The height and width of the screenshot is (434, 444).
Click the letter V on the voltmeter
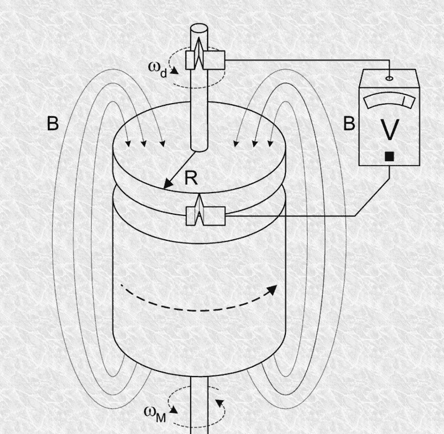coord(390,130)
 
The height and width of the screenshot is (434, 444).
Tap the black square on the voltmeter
coord(390,156)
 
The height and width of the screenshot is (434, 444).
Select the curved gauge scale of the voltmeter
coord(390,101)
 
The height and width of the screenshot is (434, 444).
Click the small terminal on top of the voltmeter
coord(390,78)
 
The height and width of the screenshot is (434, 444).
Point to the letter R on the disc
coord(191,178)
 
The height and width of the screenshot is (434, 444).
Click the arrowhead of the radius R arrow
coord(168,184)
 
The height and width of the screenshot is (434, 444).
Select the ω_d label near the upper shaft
coord(158,69)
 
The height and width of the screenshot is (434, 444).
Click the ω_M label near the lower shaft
coord(154,414)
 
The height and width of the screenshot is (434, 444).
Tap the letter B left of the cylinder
coord(53,124)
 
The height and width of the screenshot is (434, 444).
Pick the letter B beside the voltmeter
coord(349,124)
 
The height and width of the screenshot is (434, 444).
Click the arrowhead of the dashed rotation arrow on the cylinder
coord(272,290)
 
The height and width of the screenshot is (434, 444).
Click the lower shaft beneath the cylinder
coord(199,405)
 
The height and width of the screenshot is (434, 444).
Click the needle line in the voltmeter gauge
coord(405,101)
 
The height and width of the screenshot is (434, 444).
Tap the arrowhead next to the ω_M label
coord(174,410)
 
